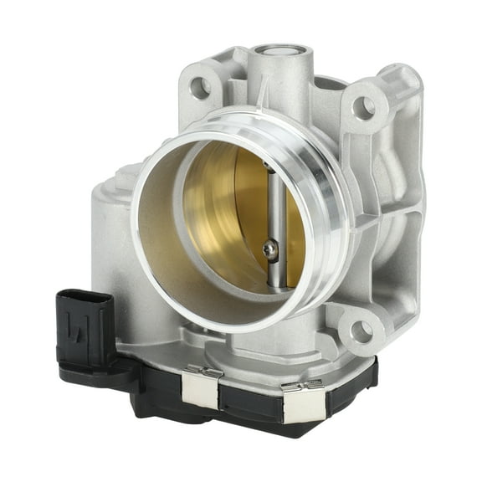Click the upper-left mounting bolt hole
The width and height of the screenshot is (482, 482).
(200, 85)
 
